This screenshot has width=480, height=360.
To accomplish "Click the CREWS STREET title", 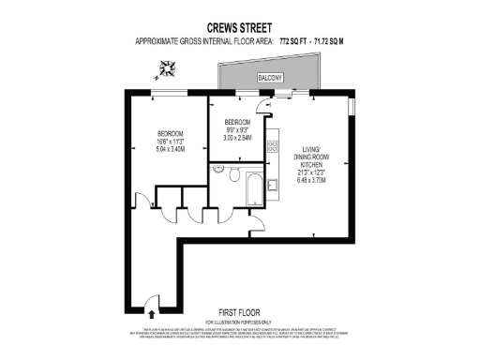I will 238,27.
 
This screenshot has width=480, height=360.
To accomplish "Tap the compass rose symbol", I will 169,67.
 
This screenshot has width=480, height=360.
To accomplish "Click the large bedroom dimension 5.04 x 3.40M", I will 170,148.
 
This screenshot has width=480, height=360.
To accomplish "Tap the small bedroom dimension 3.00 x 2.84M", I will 237,138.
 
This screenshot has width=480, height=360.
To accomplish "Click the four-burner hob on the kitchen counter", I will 273,146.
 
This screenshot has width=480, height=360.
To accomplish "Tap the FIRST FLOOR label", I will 238,312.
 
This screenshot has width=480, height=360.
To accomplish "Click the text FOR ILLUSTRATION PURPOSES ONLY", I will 238,322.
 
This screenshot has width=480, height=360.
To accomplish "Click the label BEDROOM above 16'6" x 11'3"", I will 170,132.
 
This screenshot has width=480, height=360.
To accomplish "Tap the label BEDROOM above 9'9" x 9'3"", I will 237,123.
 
